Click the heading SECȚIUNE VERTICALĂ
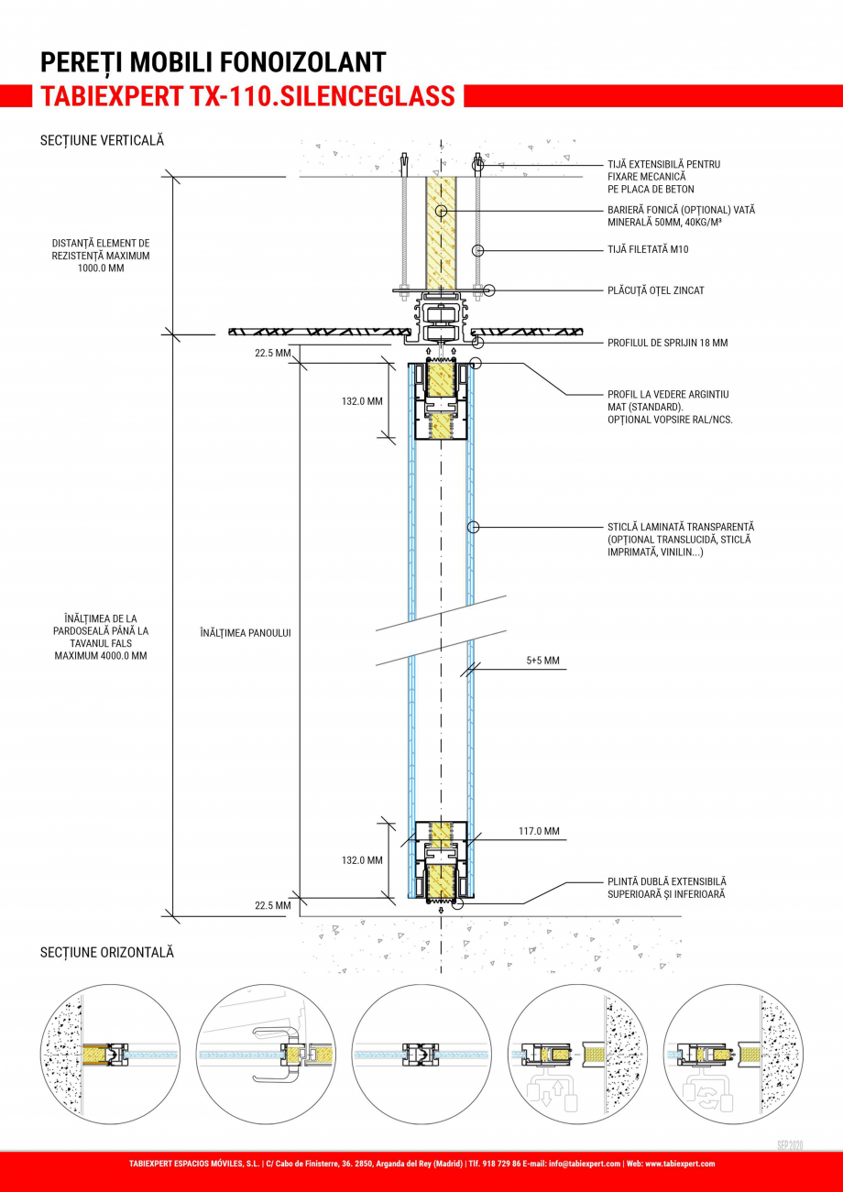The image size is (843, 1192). (102, 141)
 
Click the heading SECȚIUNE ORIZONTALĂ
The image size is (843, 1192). (106, 953)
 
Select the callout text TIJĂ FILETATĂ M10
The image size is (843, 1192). (648, 249)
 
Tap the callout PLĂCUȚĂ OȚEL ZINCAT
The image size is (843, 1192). (655, 290)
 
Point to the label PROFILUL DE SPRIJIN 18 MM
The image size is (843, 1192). (668, 343)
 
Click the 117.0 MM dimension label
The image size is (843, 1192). (538, 831)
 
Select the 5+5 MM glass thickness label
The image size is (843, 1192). (542, 660)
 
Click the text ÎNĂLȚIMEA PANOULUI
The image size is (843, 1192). (245, 633)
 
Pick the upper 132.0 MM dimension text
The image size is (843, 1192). (362, 400)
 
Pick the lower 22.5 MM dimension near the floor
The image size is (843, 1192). (272, 905)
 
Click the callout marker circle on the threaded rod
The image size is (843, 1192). (476, 249)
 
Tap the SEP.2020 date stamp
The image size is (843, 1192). (790, 1145)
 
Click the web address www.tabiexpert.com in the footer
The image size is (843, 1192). (680, 1164)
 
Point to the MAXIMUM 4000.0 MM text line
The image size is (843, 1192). (101, 656)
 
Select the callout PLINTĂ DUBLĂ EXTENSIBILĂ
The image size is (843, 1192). (667, 881)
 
